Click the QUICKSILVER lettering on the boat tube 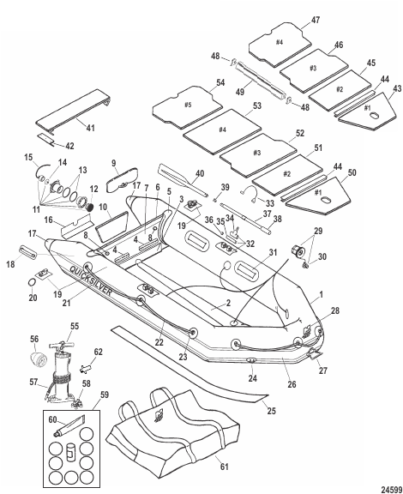(x=90, y=280)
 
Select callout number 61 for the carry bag (x=224, y=466)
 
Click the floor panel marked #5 (x=187, y=107)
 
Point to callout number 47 (x=316, y=20)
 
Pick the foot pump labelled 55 (x=63, y=370)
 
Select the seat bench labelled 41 (x=73, y=111)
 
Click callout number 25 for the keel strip (x=271, y=411)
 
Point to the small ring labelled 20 (x=33, y=282)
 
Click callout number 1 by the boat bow (x=321, y=294)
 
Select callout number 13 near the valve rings (x=82, y=171)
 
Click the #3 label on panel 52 (x=257, y=153)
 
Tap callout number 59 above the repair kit (x=105, y=395)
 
